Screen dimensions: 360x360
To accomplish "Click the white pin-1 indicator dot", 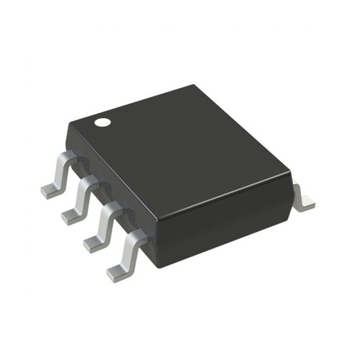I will pyautogui.click(x=104, y=121).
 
